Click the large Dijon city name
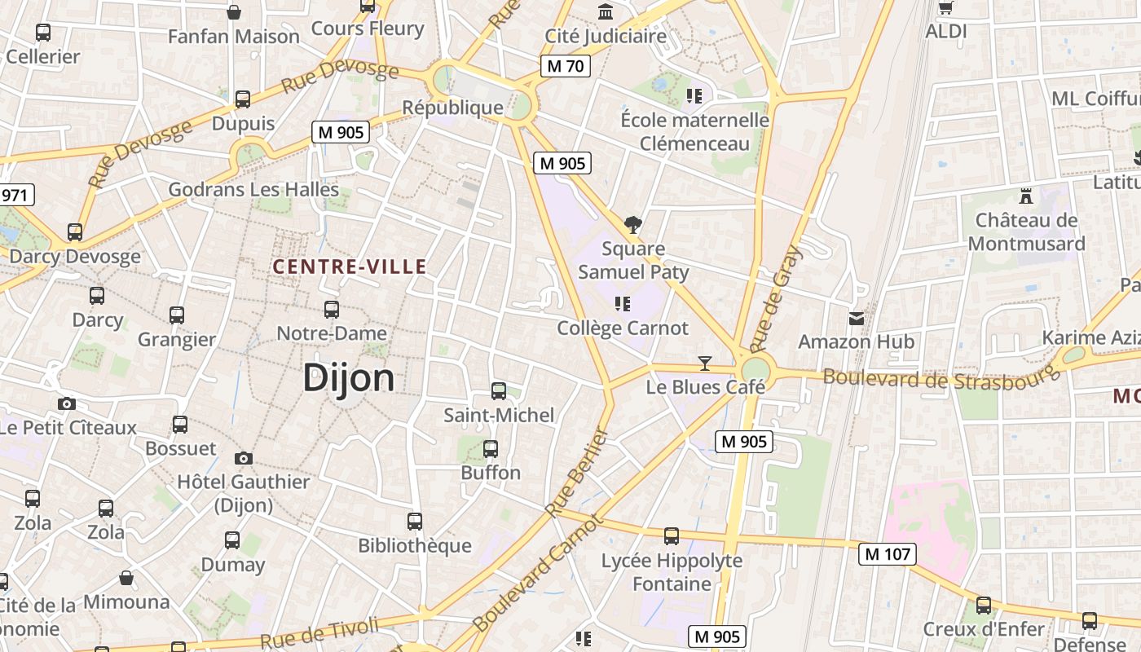[349, 378]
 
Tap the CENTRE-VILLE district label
[350, 267]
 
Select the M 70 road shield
[565, 66]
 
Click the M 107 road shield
[887, 554]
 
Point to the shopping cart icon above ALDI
[945, 8]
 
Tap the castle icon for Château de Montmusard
[1026, 196]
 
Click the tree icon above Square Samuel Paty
[632, 224]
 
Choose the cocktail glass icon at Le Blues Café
[705, 363]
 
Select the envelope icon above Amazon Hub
[857, 318]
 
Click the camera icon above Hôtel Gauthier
[243, 458]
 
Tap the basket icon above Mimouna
[126, 578]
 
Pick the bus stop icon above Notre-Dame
[331, 310]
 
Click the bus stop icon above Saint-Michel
[498, 391]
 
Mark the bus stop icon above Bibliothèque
[415, 522]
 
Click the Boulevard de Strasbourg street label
[941, 375]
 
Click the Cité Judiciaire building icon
[606, 12]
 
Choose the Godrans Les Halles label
[253, 190]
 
